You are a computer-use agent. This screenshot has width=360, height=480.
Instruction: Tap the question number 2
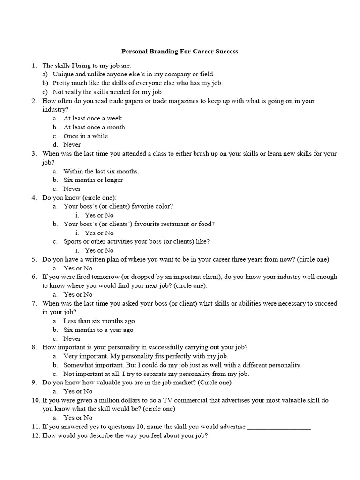coord(34,101)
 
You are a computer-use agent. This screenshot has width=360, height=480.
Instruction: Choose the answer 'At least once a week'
coord(92,119)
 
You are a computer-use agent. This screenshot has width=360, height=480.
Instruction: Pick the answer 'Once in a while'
coord(86,136)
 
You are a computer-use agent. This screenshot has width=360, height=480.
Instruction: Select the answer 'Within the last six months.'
coord(101,171)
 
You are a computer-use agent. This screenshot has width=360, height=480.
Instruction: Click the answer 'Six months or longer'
coord(93,180)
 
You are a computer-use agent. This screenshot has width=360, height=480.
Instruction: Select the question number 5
coord(34,259)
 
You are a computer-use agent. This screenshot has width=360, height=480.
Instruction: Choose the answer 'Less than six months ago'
coord(99,321)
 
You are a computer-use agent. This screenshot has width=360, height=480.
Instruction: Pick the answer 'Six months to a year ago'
coord(98,330)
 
